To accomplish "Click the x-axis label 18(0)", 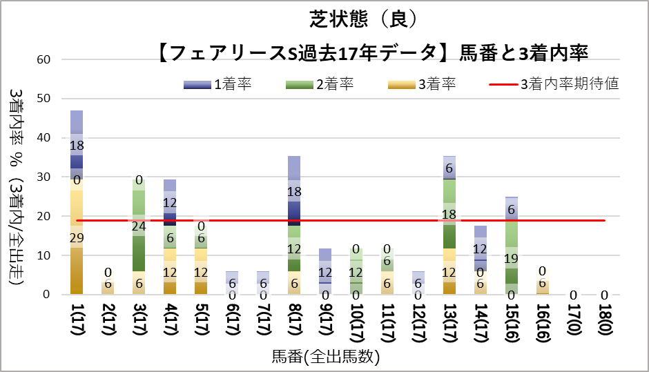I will pos(605,320).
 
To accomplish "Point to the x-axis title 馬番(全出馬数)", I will pos(325,358).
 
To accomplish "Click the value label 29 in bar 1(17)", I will pos(77,237).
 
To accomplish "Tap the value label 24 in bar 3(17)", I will pos(139,226).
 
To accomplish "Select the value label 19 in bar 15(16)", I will pos(512,259).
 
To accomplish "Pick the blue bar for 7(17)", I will pos(263,278).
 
